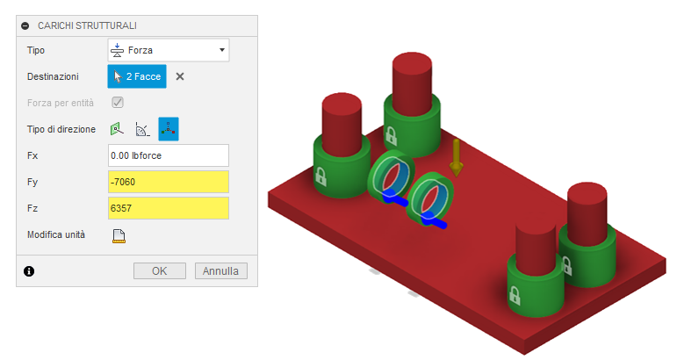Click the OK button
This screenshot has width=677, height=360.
[x=159, y=270]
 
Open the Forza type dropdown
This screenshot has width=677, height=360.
[x=168, y=50]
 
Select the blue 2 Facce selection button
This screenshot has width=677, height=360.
[x=136, y=76]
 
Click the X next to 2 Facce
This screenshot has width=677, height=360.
[x=180, y=76]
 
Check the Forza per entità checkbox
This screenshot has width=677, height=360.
[x=117, y=103]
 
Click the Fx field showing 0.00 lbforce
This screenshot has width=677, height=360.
[x=168, y=155]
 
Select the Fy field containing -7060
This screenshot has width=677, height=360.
[x=168, y=182]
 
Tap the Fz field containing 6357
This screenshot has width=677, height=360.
[x=168, y=208]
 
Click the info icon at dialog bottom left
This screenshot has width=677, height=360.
[x=28, y=271]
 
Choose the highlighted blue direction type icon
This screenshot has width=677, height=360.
[x=168, y=129]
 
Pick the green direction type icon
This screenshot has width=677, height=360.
[x=117, y=129]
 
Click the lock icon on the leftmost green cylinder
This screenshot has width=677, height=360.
[x=320, y=176]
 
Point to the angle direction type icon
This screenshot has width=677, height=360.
[x=142, y=129]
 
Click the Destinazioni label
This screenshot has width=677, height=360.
[x=54, y=76]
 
